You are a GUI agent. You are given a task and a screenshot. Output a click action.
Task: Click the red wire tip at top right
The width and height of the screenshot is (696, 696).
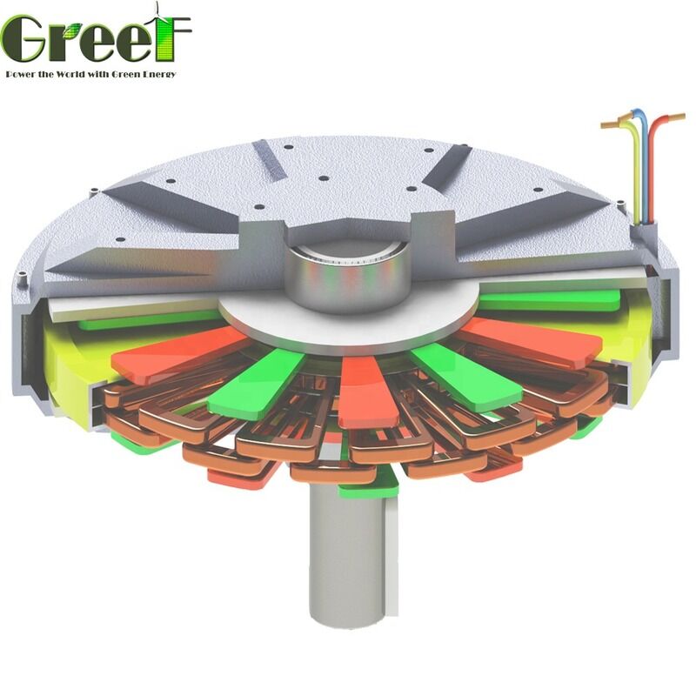click(x=680, y=117)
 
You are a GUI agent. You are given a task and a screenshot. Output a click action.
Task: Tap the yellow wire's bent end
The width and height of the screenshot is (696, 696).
click(x=606, y=124)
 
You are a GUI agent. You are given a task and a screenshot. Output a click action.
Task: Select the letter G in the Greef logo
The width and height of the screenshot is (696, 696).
click(x=24, y=39)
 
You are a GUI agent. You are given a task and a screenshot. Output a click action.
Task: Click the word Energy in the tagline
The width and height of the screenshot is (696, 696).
click(x=157, y=74)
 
